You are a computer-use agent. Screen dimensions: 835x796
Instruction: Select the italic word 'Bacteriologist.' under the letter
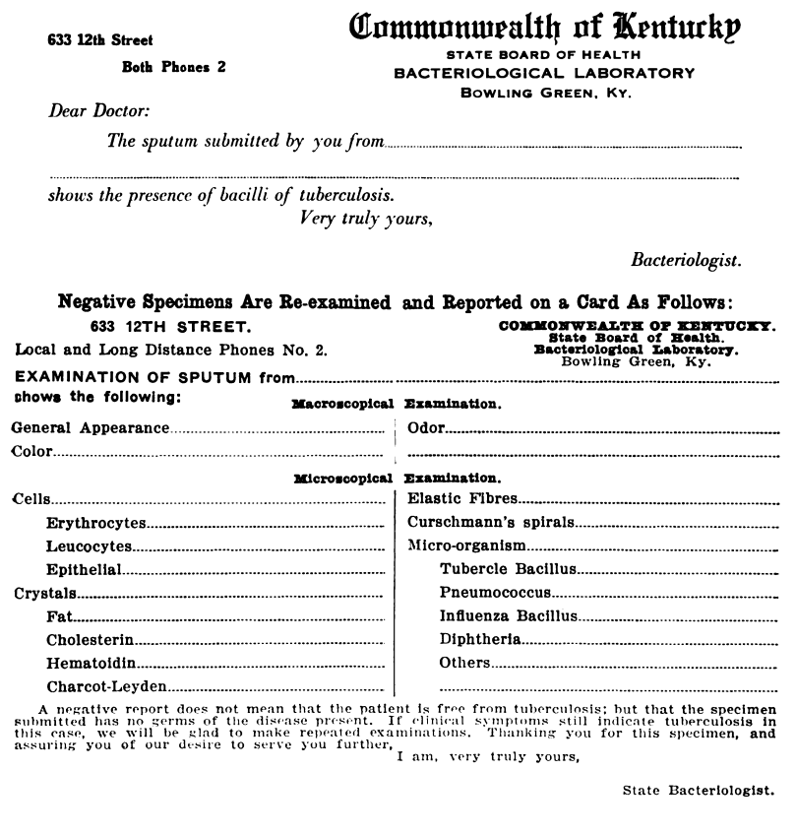pyautogui.click(x=686, y=260)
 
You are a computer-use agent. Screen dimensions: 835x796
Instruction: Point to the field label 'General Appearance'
pyautogui.click(x=90, y=428)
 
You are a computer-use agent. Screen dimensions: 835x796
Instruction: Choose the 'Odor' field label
pyautogui.click(x=426, y=428)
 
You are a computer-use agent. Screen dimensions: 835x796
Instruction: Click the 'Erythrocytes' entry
pyautogui.click(x=95, y=522)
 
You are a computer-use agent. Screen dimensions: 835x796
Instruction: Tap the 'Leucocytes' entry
pyautogui.click(x=89, y=546)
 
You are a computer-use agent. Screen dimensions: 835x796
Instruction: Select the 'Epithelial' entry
pyautogui.click(x=84, y=569)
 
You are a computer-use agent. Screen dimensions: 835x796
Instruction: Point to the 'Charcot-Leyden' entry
pyautogui.click(x=106, y=687)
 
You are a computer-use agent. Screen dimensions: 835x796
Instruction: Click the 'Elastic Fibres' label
pyautogui.click(x=462, y=499)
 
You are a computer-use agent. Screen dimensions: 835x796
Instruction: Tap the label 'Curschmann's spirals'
pyautogui.click(x=491, y=522)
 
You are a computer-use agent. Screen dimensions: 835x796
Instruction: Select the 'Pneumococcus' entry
pyautogui.click(x=495, y=593)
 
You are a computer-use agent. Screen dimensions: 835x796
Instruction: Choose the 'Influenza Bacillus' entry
pyautogui.click(x=508, y=616)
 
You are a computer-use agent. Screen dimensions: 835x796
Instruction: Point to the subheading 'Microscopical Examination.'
pyautogui.click(x=398, y=477)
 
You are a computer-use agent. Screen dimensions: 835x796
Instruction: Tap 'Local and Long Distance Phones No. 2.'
pyautogui.click(x=171, y=350)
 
